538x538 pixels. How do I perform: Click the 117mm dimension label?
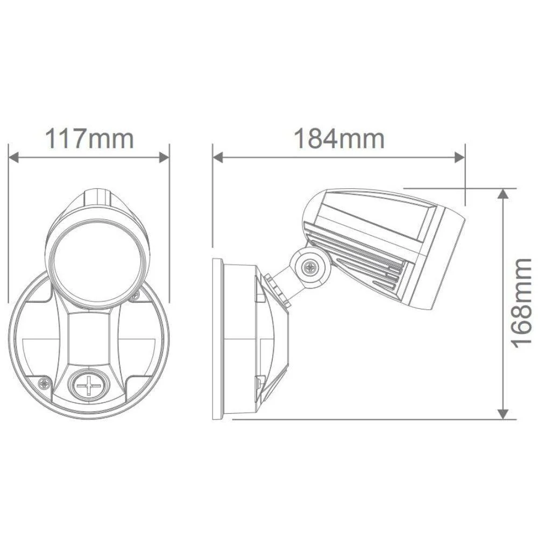[x=89, y=139]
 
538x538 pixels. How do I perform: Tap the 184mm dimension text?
[x=338, y=139]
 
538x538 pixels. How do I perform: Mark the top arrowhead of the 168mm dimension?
[x=502, y=195]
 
